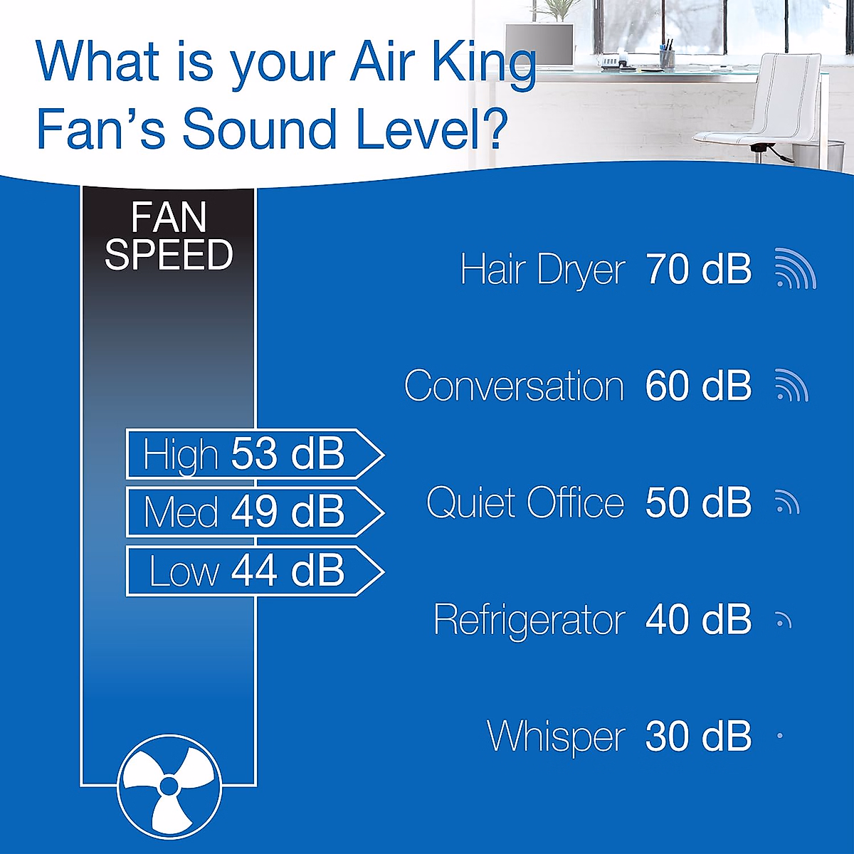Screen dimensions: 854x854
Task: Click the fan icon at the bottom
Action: pyautogui.click(x=169, y=786)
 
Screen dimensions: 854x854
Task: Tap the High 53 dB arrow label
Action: pyautogui.click(x=253, y=454)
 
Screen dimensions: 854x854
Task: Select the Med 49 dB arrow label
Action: pyautogui.click(x=253, y=512)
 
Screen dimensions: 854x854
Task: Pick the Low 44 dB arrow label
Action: pyautogui.click(x=253, y=571)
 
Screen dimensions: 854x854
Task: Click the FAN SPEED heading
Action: pyautogui.click(x=169, y=236)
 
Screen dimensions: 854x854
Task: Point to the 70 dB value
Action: pyautogui.click(x=698, y=270)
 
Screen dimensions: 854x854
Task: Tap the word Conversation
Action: pyautogui.click(x=514, y=386)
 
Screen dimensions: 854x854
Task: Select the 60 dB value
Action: pyautogui.click(x=698, y=386)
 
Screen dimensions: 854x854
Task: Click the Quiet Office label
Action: pyautogui.click(x=525, y=503)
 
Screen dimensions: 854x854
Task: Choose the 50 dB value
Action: pyautogui.click(x=698, y=503)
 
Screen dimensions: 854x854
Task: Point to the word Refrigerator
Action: pyautogui.click(x=529, y=620)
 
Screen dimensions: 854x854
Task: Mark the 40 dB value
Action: pyautogui.click(x=698, y=620)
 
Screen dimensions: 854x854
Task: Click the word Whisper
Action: pyautogui.click(x=556, y=737)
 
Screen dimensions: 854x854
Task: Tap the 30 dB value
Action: pyautogui.click(x=698, y=737)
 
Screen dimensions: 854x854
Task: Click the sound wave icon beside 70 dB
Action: pyautogui.click(x=795, y=270)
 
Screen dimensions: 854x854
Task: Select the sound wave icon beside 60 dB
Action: pyautogui.click(x=791, y=386)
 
